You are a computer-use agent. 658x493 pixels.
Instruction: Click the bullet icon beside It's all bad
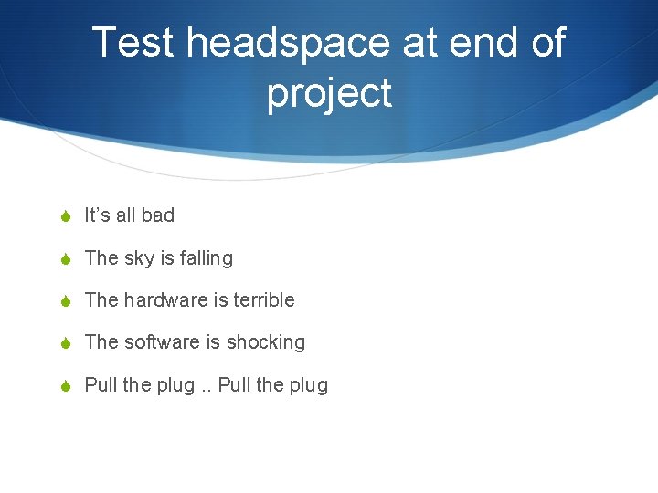pos(63,216)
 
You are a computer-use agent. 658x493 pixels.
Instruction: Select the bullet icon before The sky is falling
pos(63,259)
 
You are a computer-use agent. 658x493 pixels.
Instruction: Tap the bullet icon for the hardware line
pos(63,301)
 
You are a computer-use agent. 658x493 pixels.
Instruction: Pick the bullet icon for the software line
pos(63,343)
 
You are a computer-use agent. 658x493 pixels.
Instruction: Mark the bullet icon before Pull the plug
pos(63,386)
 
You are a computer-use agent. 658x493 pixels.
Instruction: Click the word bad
pos(157,215)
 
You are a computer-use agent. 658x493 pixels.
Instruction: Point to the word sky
pos(139,258)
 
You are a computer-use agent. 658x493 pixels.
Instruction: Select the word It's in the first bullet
pos(97,215)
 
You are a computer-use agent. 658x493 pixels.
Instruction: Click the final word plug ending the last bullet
pos(309,385)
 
